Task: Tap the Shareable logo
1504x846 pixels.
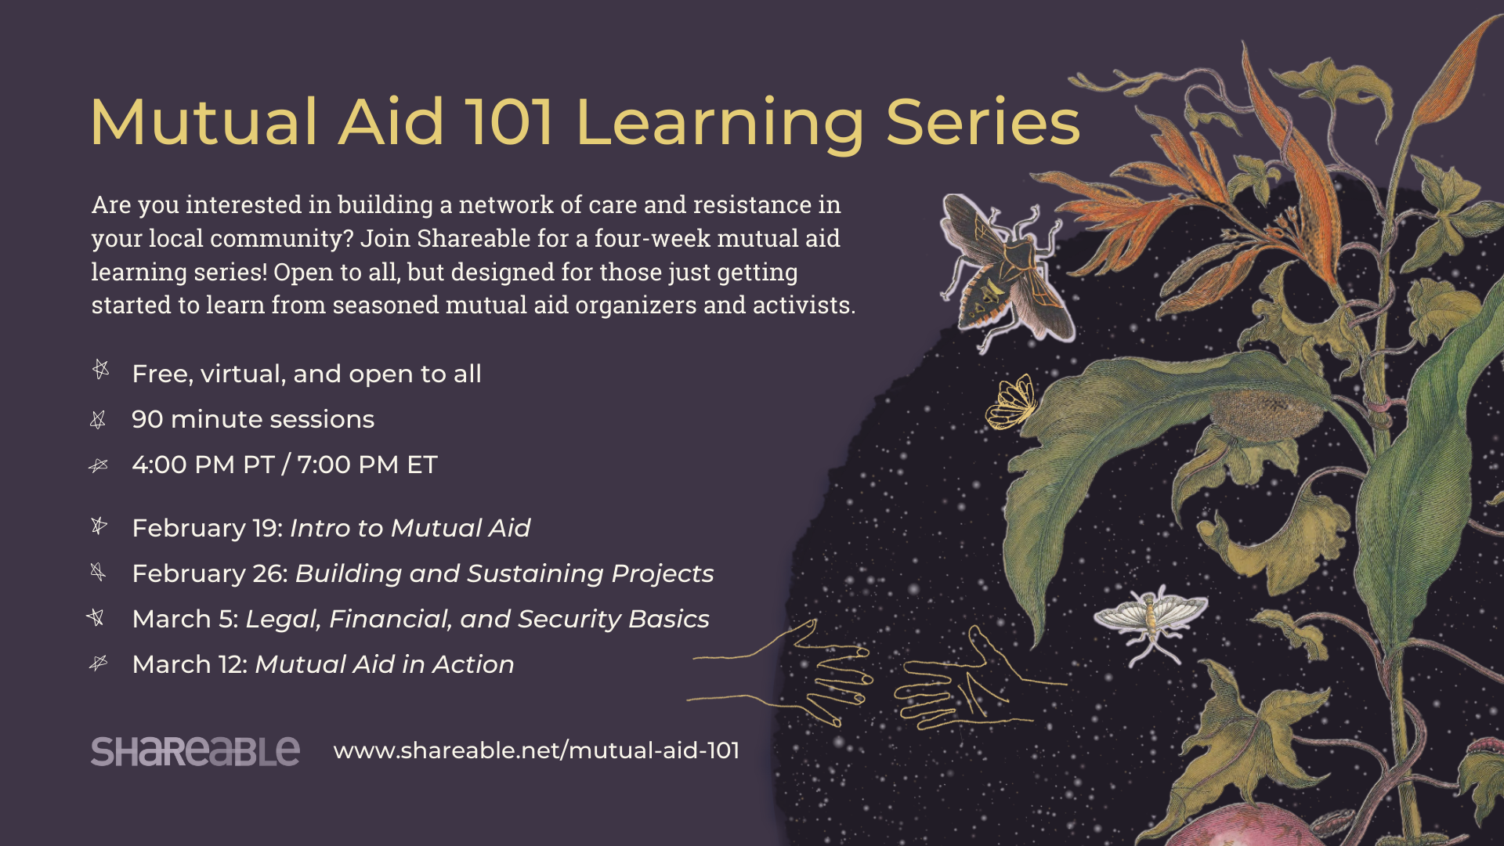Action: pyautogui.click(x=195, y=751)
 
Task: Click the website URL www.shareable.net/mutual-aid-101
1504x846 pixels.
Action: pyautogui.click(x=537, y=750)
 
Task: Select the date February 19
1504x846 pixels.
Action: pyautogui.click(x=207, y=529)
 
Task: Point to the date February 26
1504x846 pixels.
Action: pyautogui.click(x=210, y=574)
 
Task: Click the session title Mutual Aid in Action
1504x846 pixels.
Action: pyautogui.click(x=385, y=665)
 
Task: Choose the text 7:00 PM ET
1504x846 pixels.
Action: pyautogui.click(x=367, y=465)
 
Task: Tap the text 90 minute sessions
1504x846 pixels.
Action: pyautogui.click(x=253, y=420)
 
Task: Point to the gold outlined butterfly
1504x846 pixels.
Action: pyautogui.click(x=1012, y=402)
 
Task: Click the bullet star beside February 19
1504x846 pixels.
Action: pyautogui.click(x=99, y=526)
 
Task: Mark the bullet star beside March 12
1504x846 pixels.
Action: pyautogui.click(x=98, y=663)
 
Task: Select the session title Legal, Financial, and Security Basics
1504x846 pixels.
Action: pyautogui.click(x=477, y=620)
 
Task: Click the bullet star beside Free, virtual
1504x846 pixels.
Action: pyautogui.click(x=101, y=369)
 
